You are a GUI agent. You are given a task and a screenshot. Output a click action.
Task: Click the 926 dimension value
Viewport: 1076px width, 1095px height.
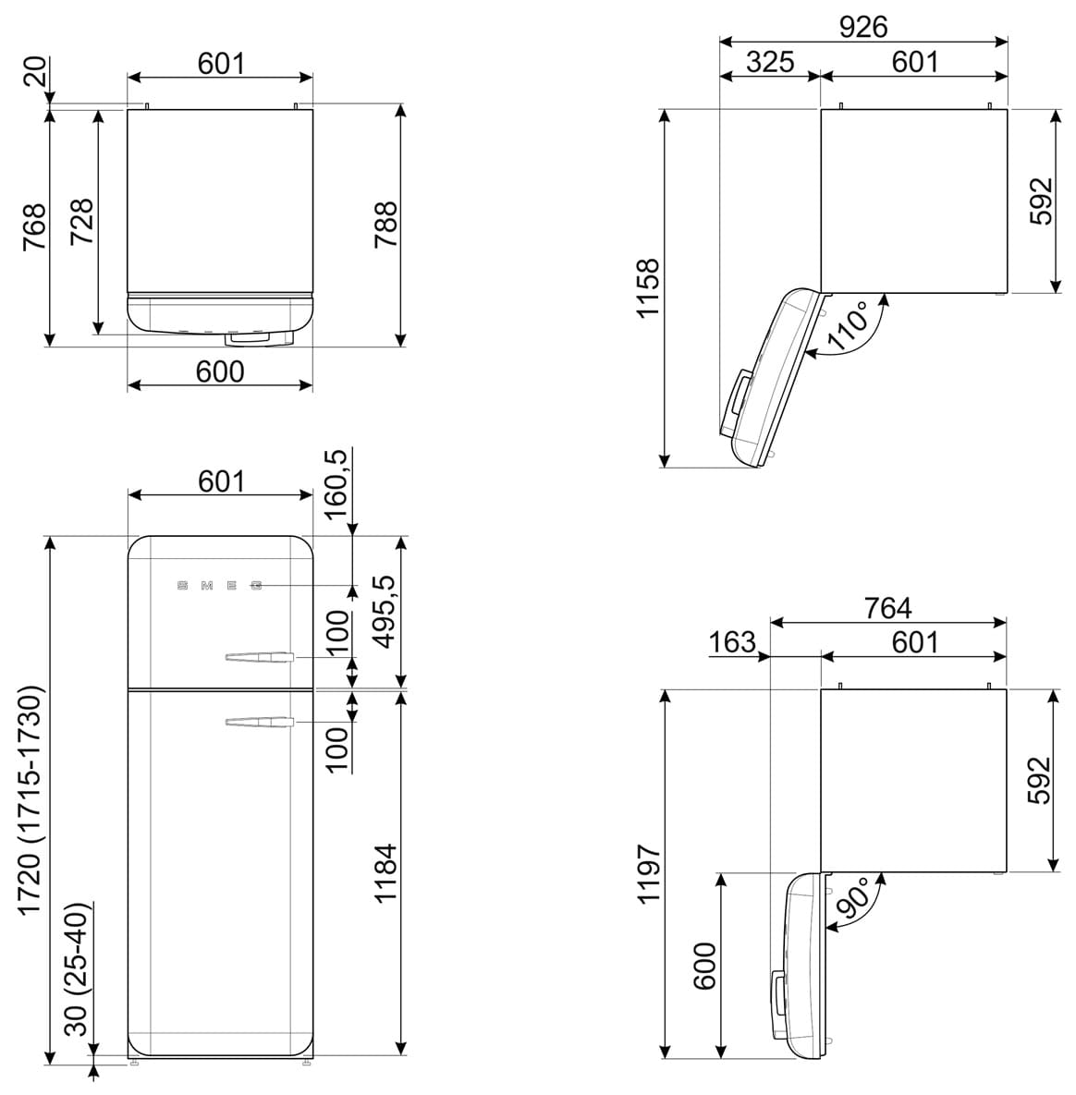point(862,27)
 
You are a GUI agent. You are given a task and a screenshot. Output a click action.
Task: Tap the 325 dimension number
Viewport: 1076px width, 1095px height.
point(770,62)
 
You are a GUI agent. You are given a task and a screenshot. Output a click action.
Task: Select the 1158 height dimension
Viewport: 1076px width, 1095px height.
point(648,287)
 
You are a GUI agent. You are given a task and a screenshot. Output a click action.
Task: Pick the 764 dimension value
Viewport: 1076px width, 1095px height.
point(888,608)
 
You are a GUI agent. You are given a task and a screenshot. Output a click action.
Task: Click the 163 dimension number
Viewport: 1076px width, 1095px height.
point(732,642)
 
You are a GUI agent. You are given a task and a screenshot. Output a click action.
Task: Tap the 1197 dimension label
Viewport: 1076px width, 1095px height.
point(649,873)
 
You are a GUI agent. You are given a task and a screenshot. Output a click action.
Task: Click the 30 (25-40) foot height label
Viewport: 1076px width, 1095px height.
point(79,970)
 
